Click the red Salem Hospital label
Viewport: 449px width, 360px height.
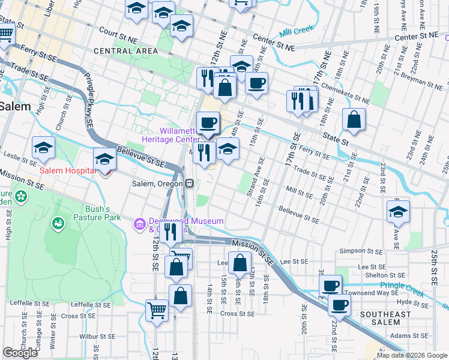(68, 171)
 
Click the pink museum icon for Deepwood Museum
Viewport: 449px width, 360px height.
(140, 224)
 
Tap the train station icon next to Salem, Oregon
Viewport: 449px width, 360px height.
(188, 184)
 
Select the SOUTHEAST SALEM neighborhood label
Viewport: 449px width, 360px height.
(385, 319)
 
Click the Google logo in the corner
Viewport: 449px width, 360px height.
(20, 353)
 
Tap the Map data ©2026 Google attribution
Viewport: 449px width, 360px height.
(412, 355)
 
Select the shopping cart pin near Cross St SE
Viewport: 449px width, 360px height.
(157, 311)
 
